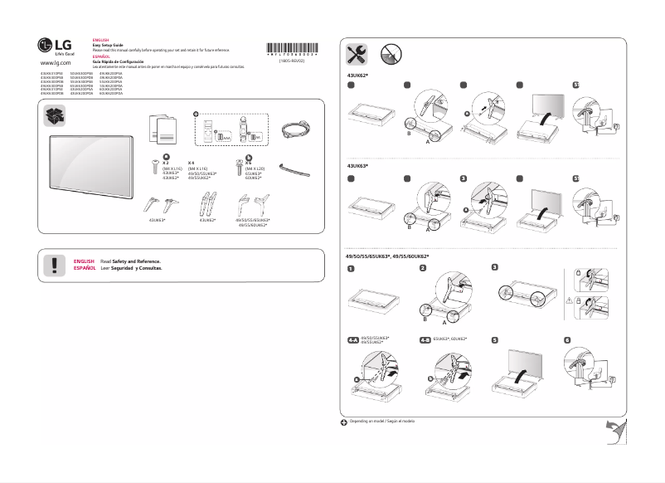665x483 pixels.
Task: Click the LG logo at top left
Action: pyautogui.click(x=51, y=46)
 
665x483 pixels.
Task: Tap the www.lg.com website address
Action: pyautogui.click(x=55, y=63)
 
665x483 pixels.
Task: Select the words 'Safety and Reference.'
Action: pyautogui.click(x=136, y=261)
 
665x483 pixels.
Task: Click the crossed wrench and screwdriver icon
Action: pyautogui.click(x=357, y=54)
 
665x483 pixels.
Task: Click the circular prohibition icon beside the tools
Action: pyautogui.click(x=391, y=54)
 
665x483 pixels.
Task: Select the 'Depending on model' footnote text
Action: pyautogui.click(x=382, y=422)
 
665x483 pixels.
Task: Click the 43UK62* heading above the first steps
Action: pyautogui.click(x=357, y=75)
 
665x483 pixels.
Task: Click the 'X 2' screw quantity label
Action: pyautogui.click(x=167, y=163)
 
